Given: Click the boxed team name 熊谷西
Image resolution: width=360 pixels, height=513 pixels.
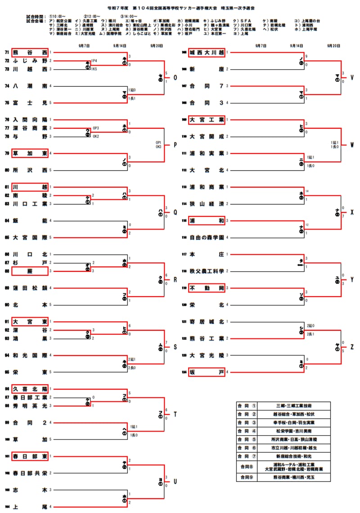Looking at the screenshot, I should (30, 52).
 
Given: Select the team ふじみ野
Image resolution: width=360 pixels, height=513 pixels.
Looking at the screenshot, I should (30, 60).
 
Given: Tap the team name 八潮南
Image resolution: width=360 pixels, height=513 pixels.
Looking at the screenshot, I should (30, 86).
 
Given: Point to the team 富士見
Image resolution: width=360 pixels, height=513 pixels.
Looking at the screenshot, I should (30, 103).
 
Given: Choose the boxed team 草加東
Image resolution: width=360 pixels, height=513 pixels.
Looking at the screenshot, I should (30, 153).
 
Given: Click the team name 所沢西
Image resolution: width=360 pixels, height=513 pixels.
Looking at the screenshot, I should (30, 171).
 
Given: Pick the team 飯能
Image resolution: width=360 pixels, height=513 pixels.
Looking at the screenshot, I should (30, 220).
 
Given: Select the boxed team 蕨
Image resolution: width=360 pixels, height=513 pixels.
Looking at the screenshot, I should (30, 271).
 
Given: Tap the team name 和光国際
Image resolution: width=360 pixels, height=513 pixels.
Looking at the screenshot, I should (30, 355).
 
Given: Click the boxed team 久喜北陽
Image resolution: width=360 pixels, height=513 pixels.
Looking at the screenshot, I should (30, 389).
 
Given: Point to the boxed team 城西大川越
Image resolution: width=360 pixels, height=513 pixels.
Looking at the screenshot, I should (207, 52).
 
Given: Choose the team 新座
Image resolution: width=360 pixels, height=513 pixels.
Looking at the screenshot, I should (207, 69).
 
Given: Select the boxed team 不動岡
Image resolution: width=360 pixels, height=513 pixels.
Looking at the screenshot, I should (207, 288).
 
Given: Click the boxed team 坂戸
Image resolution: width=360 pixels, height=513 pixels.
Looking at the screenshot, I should (207, 372).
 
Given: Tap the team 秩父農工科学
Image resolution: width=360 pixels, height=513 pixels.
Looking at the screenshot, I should (207, 271).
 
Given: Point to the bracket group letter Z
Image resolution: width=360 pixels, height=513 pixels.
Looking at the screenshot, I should (352, 347).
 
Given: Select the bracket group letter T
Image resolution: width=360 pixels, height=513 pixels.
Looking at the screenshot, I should (175, 414).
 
